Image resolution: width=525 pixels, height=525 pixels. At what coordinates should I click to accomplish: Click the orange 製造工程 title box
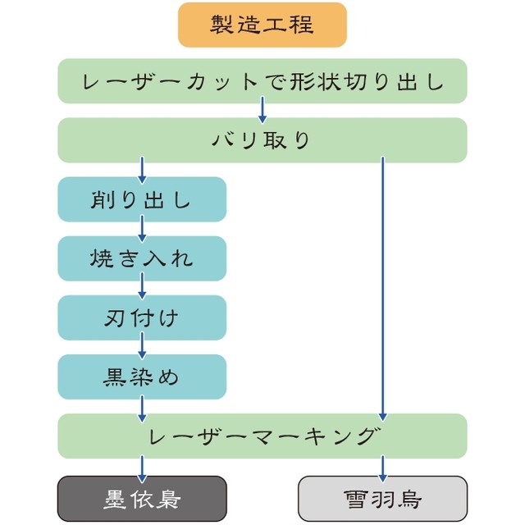click(262, 25)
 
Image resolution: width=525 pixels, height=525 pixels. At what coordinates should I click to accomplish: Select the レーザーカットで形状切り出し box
click(262, 81)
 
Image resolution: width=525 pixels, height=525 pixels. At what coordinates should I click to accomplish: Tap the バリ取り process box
click(262, 140)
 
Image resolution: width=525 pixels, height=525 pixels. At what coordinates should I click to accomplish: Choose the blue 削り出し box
click(142, 199)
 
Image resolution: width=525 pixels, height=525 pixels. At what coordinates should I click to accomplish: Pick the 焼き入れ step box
click(142, 258)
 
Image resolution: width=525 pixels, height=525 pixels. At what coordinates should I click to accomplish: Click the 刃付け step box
click(142, 317)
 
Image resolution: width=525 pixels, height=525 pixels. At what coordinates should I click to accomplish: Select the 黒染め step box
click(142, 377)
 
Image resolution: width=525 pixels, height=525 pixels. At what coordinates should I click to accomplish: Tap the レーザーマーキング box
click(262, 436)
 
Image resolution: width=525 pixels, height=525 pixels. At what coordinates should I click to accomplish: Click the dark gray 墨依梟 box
click(142, 498)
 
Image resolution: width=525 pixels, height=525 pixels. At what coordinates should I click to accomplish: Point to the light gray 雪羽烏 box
click(382, 498)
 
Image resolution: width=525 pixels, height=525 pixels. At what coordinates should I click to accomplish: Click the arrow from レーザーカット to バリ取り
click(262, 110)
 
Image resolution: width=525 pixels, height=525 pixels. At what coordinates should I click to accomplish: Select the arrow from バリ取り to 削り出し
click(142, 169)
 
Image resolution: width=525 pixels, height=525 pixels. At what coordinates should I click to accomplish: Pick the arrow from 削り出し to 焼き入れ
click(142, 228)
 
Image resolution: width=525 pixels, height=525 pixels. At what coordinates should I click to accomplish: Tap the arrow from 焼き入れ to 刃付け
click(142, 287)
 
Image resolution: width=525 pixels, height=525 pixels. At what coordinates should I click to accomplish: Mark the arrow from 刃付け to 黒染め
click(142, 346)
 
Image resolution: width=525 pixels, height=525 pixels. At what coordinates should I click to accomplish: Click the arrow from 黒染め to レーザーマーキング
click(142, 406)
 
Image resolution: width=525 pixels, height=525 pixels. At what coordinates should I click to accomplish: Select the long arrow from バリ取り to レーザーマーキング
click(382, 287)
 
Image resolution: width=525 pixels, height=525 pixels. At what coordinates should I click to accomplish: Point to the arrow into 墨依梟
click(142, 468)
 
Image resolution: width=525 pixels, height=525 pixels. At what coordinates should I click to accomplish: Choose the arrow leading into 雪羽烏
click(382, 468)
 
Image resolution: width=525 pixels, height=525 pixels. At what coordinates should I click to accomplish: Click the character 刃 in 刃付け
click(115, 317)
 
